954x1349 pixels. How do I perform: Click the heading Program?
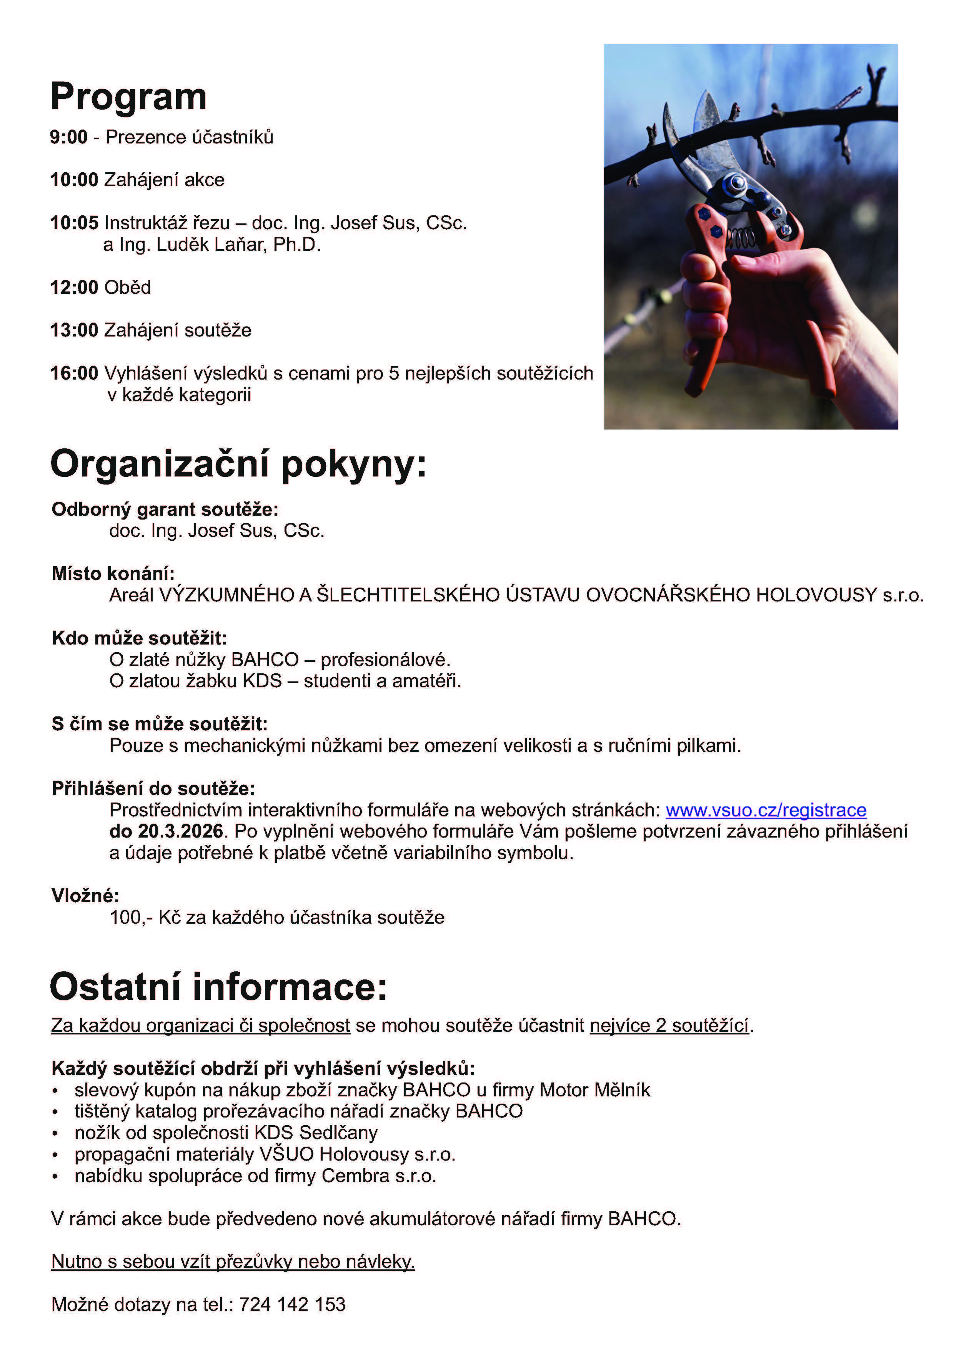click(128, 97)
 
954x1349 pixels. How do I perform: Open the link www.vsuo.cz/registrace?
click(766, 810)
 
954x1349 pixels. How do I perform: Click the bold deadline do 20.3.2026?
click(166, 831)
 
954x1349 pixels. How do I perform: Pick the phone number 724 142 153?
click(292, 1304)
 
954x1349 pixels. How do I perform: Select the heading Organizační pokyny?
click(238, 465)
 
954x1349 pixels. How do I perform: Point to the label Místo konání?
click(113, 573)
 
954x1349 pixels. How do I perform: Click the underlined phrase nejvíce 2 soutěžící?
click(669, 1026)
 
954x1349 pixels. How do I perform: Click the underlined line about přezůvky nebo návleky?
click(233, 1261)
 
